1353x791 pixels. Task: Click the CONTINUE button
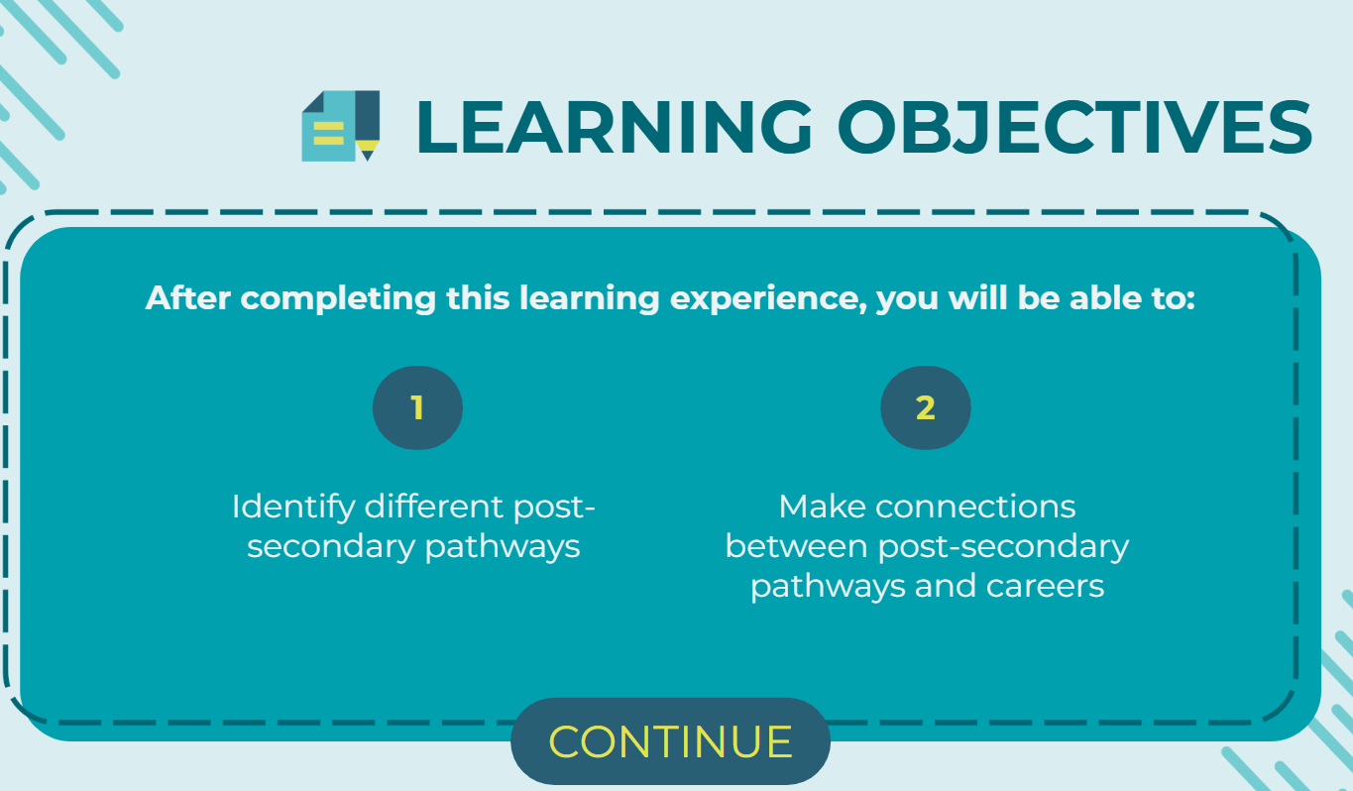(670, 741)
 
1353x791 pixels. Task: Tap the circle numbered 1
(418, 407)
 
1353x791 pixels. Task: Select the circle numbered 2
(926, 407)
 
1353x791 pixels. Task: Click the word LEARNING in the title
(615, 128)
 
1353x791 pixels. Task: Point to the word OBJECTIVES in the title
(1075, 128)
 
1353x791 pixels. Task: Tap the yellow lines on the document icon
(329, 134)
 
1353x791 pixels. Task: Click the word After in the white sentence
(188, 297)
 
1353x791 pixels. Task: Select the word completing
(338, 299)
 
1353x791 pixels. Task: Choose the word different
(434, 506)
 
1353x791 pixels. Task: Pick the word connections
(975, 507)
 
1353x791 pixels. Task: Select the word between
(797, 546)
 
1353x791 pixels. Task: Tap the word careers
(1046, 586)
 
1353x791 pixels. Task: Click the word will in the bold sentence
(978, 297)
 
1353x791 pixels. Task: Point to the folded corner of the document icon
(314, 101)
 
